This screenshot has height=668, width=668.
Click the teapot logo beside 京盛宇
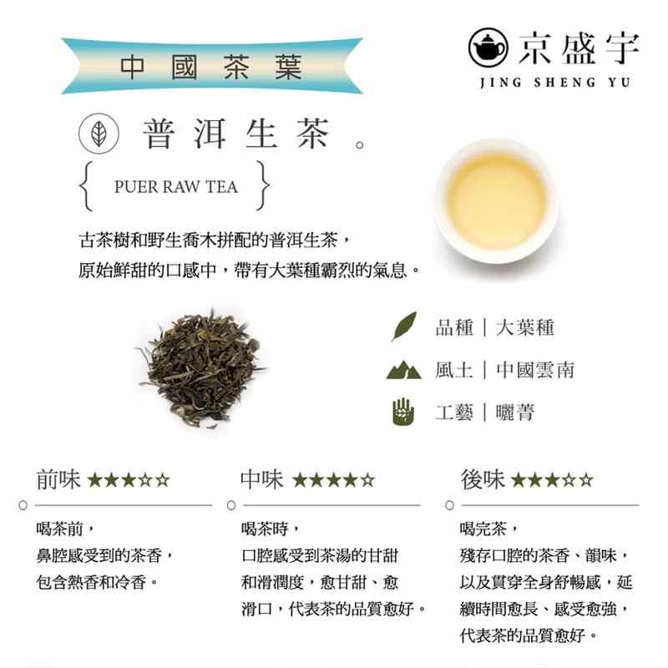[x=489, y=48]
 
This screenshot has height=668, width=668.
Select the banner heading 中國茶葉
[x=211, y=66]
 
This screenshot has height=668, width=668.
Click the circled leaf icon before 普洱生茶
[x=98, y=135]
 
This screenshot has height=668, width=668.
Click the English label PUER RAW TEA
[x=175, y=186]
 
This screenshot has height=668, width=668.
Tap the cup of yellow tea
[x=496, y=200]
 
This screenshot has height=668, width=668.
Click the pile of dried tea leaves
[x=200, y=368]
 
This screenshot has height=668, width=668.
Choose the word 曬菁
[x=514, y=412]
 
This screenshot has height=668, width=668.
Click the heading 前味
[x=58, y=480]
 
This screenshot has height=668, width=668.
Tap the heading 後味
[x=482, y=480]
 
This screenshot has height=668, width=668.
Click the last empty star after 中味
[x=367, y=481]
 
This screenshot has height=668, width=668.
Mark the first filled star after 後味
[x=518, y=481]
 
